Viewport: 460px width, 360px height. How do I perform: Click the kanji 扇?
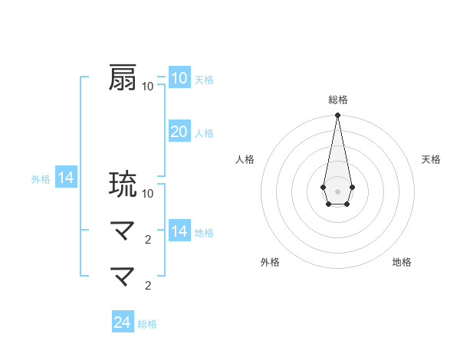[x=123, y=77]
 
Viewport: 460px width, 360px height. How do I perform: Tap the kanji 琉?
[x=123, y=185]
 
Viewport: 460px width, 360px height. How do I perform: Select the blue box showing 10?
[x=179, y=77]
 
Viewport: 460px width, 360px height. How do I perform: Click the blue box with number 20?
[x=179, y=132]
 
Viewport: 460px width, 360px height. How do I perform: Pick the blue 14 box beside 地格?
[x=179, y=231]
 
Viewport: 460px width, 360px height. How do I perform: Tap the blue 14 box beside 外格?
[x=66, y=178]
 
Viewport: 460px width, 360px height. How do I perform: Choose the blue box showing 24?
[x=122, y=322]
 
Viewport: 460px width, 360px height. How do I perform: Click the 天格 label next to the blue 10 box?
[x=204, y=79]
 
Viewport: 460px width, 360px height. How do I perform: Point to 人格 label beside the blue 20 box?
[x=204, y=133]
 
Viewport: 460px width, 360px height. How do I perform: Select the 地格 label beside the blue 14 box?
[x=204, y=233]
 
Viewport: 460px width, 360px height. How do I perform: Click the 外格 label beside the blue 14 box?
[x=41, y=179]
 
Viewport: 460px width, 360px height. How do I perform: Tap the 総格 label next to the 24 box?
[x=147, y=324]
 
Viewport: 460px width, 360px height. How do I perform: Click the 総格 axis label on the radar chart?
[x=337, y=100]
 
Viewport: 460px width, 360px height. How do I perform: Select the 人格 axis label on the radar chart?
[x=245, y=159]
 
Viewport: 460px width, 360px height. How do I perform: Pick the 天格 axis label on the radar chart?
[x=431, y=159]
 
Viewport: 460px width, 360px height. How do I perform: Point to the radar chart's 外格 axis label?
[x=269, y=262]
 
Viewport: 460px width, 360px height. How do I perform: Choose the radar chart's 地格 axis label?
[x=402, y=262]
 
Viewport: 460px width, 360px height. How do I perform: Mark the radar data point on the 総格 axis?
[x=337, y=116]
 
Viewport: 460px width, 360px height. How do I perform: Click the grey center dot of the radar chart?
[x=337, y=191]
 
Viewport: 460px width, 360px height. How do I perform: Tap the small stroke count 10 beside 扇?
[x=147, y=86]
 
